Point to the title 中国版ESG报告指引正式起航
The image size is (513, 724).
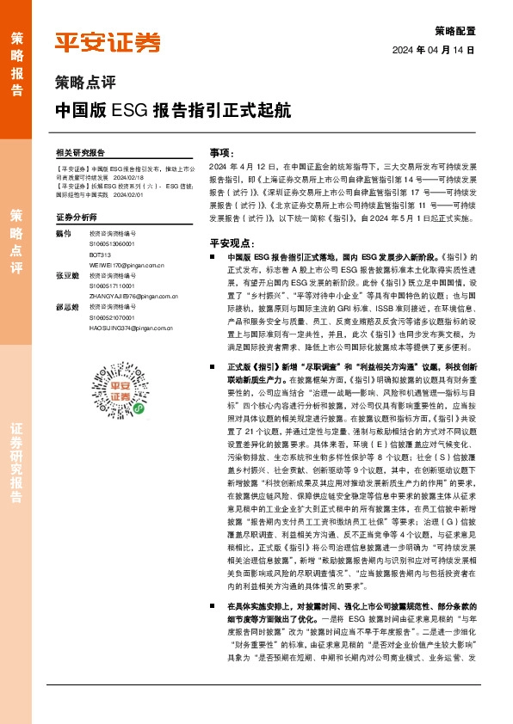[172, 111]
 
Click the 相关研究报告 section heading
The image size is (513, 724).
[80, 151]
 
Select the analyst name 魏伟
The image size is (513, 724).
[63, 234]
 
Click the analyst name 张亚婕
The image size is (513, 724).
[67, 275]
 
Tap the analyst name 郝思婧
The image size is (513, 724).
[67, 307]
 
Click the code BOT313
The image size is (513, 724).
[100, 255]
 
